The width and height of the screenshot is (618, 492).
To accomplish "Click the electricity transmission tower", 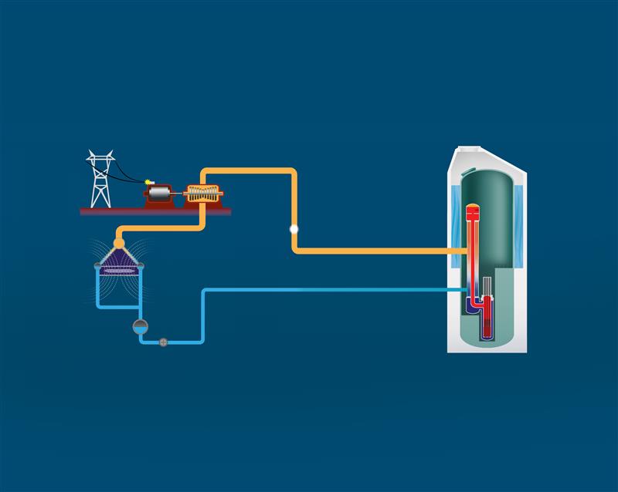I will pyautogui.click(x=99, y=181).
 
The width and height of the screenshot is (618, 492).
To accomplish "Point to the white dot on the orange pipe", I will pyautogui.click(x=294, y=229).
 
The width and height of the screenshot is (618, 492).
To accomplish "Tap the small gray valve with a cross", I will pyautogui.click(x=163, y=342).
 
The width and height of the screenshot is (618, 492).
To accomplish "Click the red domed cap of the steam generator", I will pyautogui.click(x=474, y=208).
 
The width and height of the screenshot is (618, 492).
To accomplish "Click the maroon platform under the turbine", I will pyautogui.click(x=154, y=211).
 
